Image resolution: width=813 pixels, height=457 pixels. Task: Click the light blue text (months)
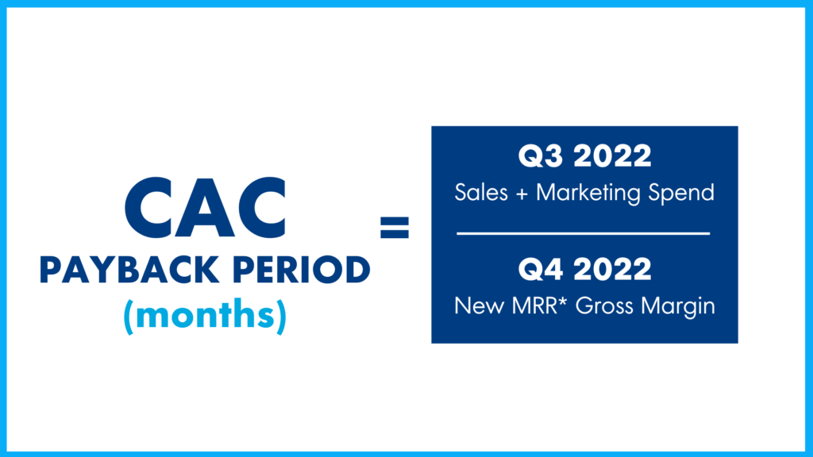205,315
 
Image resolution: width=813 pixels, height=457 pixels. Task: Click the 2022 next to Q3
615,156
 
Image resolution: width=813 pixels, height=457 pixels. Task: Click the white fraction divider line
584,233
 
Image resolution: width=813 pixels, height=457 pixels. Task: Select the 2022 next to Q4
615,270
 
